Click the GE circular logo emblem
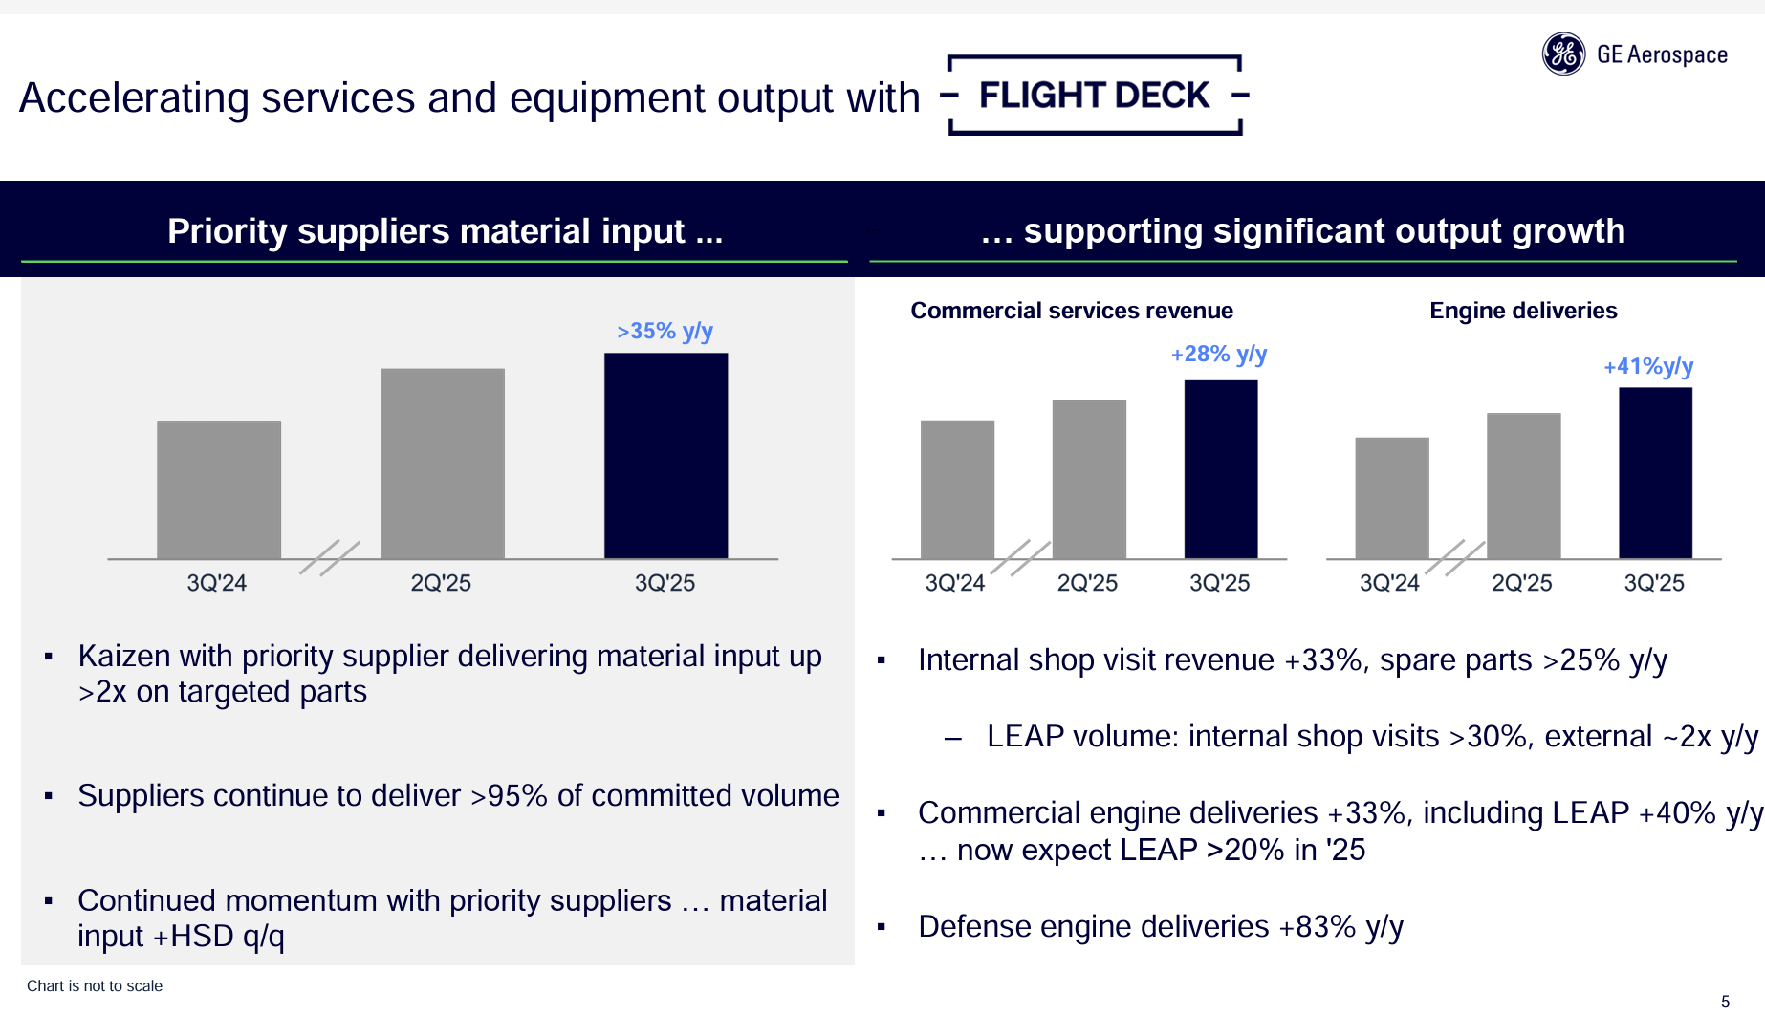pos(1563,54)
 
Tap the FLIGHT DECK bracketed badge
pos(1095,96)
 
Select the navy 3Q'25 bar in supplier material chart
pos(665,455)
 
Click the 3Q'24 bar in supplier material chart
pos(219,489)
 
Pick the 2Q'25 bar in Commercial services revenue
pos(1089,479)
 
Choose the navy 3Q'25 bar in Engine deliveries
pos(1655,472)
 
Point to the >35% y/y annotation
pos(665,332)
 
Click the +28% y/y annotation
pos(1218,355)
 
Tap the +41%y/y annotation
pos(1647,367)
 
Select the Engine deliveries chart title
pos(1523,311)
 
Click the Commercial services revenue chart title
pos(1071,311)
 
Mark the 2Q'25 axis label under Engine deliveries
pos(1521,583)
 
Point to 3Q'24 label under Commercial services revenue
pos(954,583)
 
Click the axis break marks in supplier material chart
pos(330,557)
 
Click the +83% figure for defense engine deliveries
pos(1317,927)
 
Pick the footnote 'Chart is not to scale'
pos(95,986)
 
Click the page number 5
pos(1725,1002)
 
